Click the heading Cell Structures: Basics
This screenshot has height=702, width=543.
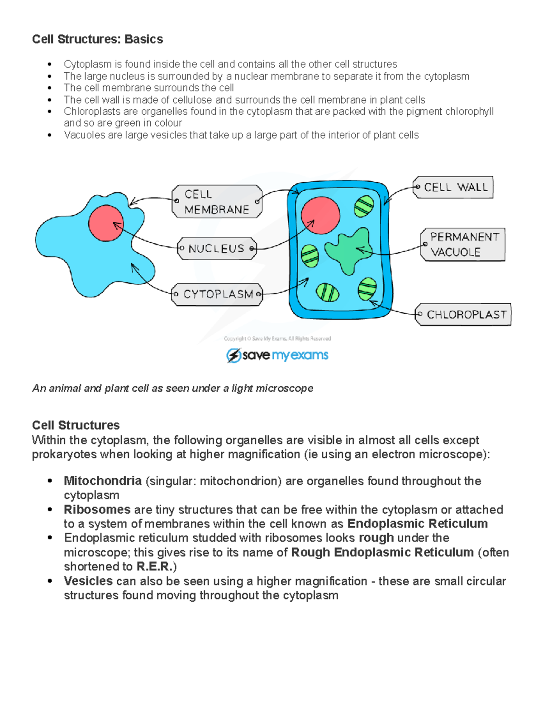coord(97,39)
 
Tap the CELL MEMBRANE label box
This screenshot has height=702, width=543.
coord(217,202)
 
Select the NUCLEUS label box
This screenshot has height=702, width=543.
coord(217,249)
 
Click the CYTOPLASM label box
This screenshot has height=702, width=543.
coord(217,295)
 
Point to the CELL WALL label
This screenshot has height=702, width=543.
coord(454,188)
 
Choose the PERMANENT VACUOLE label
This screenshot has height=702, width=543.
coord(464,245)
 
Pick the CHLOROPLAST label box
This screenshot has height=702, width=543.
coord(465,315)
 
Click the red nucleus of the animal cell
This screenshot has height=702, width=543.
coord(106,223)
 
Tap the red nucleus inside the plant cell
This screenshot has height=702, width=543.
coord(320,215)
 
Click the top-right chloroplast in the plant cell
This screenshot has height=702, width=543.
coord(364,206)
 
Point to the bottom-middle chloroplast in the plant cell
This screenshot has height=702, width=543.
coord(328,292)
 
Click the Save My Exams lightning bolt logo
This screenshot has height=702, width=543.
coord(233,356)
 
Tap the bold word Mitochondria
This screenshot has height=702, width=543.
coord(103,481)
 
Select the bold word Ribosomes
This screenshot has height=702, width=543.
coord(97,510)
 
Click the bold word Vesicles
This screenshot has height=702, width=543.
coord(88,581)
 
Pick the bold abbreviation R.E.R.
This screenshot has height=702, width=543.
coord(154,567)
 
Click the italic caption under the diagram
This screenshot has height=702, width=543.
coord(173,389)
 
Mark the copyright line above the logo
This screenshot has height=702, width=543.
coord(277,339)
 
